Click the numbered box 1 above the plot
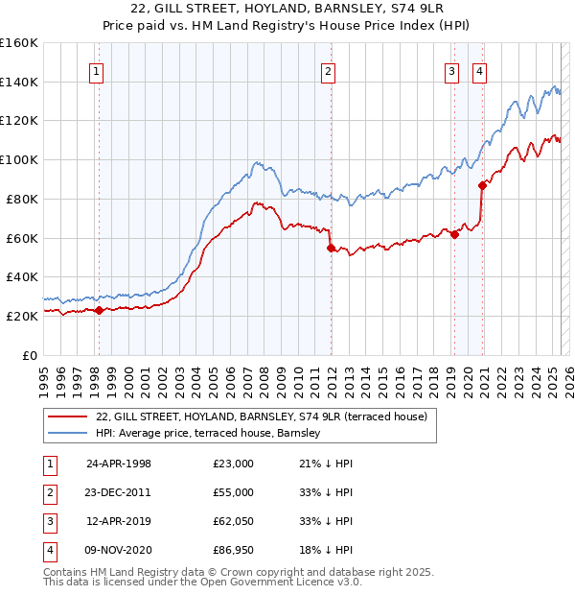point(98,70)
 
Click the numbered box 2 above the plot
point(329,70)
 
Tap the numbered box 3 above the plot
point(451,70)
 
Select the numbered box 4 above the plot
point(478,70)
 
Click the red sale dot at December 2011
point(331,248)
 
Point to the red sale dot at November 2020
point(482,186)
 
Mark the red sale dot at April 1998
point(99,310)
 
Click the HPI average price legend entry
point(207,434)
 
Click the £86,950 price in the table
point(234,551)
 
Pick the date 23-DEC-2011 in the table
point(119,492)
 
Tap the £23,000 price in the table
point(234,464)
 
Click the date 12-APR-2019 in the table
point(119,521)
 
